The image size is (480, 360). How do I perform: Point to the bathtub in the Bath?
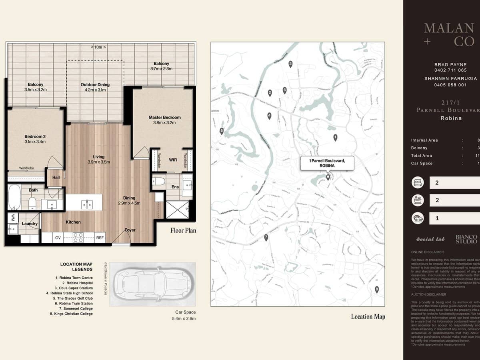point(14,197)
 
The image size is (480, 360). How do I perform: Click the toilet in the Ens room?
point(159,182)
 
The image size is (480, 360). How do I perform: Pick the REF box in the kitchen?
point(100,238)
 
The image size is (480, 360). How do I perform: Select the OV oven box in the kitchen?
point(58,238)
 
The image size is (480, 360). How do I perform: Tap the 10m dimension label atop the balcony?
point(98,47)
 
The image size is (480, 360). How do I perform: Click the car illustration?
point(152,284)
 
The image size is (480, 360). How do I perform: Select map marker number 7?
point(266,238)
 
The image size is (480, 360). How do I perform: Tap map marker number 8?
point(376,290)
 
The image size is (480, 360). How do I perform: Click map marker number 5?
point(222,130)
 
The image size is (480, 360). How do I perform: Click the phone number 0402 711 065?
point(450,70)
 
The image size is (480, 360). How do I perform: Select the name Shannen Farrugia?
point(450,79)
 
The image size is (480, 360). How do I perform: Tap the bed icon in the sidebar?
point(418,183)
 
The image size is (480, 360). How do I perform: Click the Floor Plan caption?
point(183,230)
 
